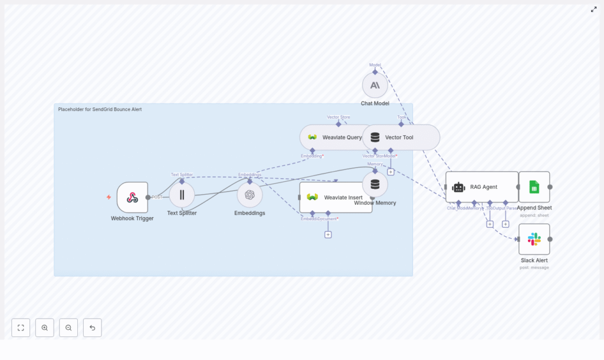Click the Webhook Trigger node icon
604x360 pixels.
132,197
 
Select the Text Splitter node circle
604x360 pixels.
182,195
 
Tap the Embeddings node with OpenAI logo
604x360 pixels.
250,195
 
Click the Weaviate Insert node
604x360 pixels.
336,197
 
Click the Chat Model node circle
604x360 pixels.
375,85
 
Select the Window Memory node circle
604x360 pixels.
375,184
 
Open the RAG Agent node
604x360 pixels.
481,187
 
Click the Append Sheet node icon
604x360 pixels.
534,187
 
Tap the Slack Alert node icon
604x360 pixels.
534,239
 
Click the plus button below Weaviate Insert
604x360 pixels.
328,234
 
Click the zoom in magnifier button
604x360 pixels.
44,328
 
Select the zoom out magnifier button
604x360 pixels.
68,328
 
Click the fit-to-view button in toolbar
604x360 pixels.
21,328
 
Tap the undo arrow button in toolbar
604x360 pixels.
92,328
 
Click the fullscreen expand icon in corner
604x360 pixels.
593,9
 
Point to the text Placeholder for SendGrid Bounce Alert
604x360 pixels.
100,109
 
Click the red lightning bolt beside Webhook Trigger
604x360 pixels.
109,197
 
